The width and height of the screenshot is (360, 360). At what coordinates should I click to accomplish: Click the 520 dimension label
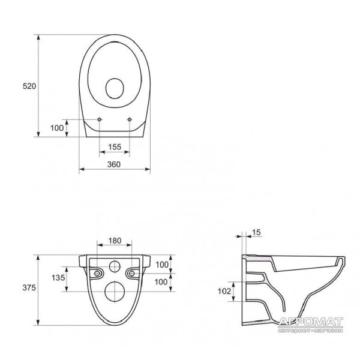click(29, 86)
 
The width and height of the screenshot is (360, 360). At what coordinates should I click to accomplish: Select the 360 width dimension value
click(114, 164)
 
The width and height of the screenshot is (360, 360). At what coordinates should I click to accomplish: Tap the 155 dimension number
click(115, 147)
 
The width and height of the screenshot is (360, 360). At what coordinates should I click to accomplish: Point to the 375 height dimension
click(29, 287)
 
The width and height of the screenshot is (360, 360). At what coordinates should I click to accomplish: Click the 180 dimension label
click(115, 241)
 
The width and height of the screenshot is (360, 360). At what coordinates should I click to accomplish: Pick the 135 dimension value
click(58, 278)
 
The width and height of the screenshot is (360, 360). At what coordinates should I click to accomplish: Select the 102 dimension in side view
click(224, 291)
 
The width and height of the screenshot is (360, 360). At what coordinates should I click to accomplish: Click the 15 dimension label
click(256, 233)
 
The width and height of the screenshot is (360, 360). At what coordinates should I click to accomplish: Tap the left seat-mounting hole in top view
click(100, 119)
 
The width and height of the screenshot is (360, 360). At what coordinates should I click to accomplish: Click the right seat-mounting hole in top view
click(130, 119)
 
